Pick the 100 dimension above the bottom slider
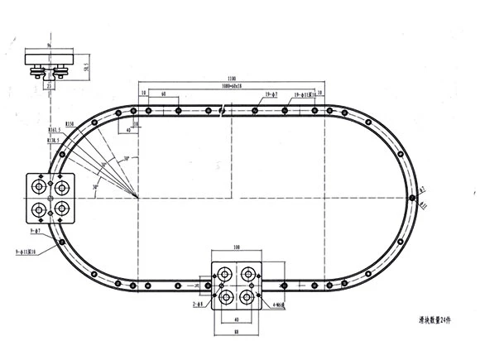click(238, 247)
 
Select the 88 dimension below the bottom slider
click(238, 334)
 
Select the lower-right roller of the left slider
click(62, 208)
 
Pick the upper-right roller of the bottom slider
click(246, 274)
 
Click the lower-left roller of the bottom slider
click(225, 295)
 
